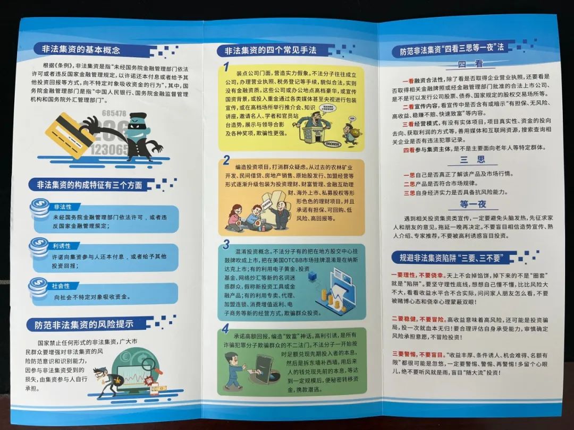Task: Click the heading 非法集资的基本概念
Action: (81, 50)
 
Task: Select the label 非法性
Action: (63, 207)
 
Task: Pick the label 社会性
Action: (62, 286)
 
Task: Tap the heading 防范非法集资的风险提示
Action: (84, 324)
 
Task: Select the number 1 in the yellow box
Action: (226, 67)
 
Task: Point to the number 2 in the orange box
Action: (226, 160)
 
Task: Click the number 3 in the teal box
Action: (226, 245)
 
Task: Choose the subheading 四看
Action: (471, 65)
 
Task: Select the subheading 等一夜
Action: (471, 204)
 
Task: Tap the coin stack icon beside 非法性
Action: (40, 208)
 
